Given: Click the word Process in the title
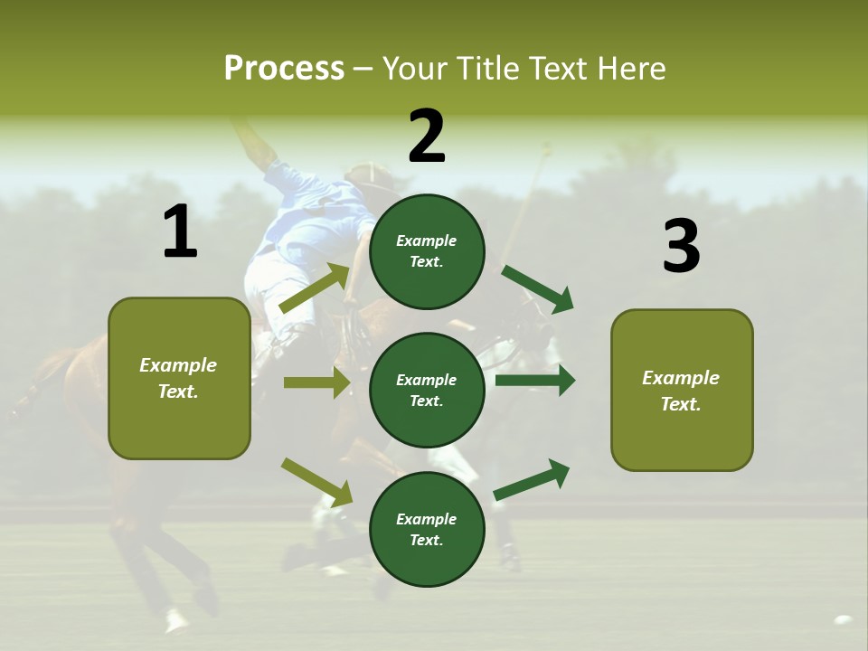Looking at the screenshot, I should [284, 68].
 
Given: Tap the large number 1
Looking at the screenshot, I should [180, 232].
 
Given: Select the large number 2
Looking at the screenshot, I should [427, 137].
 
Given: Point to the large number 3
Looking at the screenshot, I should [681, 247].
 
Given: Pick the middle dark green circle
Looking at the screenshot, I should [427, 391].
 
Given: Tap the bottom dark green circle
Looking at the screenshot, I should [427, 530].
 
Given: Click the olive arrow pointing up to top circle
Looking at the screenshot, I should [316, 288].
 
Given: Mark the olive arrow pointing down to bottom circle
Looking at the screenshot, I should [317, 482].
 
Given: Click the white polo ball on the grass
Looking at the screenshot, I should [843, 620].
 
